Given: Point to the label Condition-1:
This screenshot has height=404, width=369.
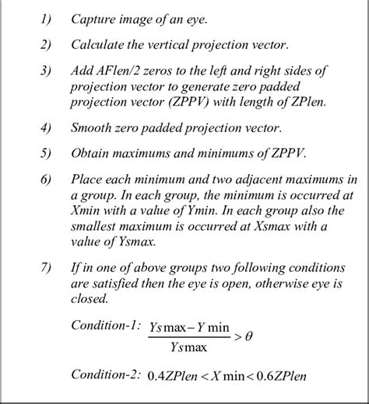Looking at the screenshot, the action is (104, 325).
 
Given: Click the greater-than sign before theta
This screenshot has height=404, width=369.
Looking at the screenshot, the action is (236, 336).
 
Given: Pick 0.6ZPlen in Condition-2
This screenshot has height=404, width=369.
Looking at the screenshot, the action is (279, 377).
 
